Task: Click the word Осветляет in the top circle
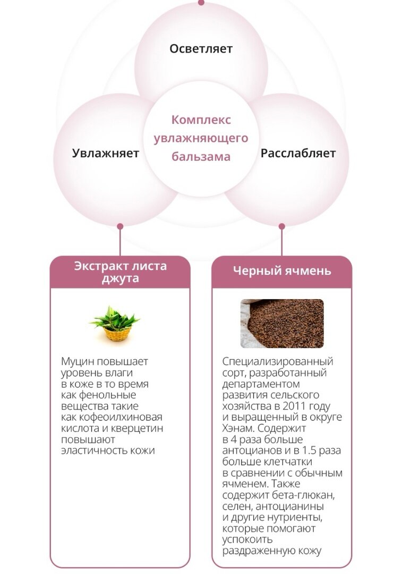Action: tap(201, 49)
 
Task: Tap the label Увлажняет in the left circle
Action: tap(105, 154)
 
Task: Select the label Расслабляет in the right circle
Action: tap(298, 154)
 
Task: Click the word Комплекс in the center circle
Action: tap(201, 120)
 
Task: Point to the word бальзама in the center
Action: tap(201, 157)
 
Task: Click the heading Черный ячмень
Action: tap(282, 271)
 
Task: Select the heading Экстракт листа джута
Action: tap(120, 272)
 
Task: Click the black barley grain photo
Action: tap(282, 323)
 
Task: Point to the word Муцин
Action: tap(78, 361)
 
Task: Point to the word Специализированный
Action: tap(278, 361)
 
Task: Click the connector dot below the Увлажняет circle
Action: tap(120, 226)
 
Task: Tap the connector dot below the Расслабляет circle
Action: tap(282, 226)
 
